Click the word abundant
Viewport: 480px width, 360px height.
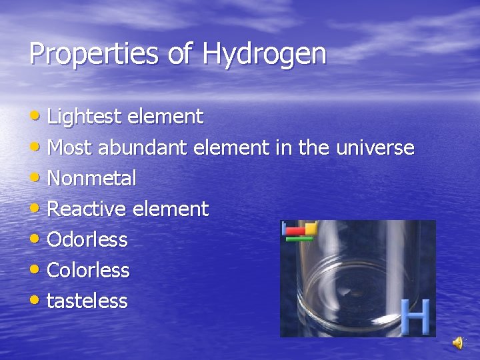144,147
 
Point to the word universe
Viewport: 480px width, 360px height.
375,147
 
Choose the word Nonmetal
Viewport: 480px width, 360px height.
92,179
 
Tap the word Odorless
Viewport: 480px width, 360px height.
87,240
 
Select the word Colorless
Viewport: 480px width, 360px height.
89,271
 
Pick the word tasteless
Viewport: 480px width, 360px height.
87,301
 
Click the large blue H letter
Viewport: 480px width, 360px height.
415,317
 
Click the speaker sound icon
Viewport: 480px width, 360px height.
458,343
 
